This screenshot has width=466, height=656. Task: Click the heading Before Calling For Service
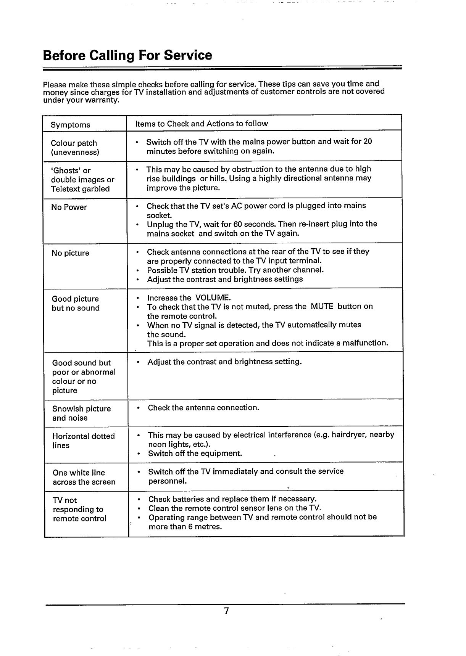click(127, 56)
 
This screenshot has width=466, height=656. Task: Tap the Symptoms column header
click(71, 125)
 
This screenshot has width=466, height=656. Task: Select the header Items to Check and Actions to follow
click(202, 124)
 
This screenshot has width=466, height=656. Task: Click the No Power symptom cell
click(69, 207)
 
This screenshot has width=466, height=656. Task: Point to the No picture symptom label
click(70, 253)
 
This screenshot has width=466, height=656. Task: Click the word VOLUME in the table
click(213, 298)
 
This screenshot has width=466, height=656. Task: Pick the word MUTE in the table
click(322, 307)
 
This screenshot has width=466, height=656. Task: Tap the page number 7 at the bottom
click(226, 611)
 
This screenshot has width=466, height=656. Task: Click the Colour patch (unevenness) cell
click(75, 148)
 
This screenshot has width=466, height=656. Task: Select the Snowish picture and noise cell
click(81, 413)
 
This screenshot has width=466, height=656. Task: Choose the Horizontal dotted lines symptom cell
click(83, 441)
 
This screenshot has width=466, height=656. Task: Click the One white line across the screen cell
click(84, 478)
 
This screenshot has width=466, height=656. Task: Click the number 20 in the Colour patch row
click(368, 142)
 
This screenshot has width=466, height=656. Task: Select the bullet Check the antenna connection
click(203, 408)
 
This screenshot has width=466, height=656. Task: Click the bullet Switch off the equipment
click(195, 453)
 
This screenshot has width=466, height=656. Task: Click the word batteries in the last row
click(186, 499)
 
